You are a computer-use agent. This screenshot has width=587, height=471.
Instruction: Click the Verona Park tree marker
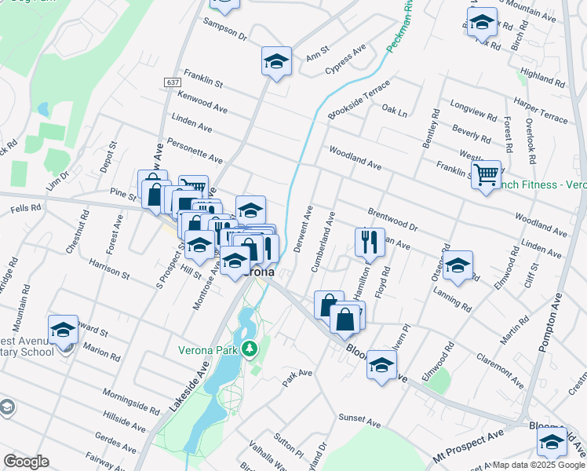coord(250,348)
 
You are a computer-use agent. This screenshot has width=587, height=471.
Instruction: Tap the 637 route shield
coord(173,82)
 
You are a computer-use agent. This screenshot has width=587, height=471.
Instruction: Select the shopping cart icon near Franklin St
coord(486,174)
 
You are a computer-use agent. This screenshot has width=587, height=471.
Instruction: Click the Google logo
coord(26,462)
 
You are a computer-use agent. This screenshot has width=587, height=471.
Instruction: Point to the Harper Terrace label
coord(541,110)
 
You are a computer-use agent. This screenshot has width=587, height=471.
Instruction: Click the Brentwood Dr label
coord(392,220)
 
